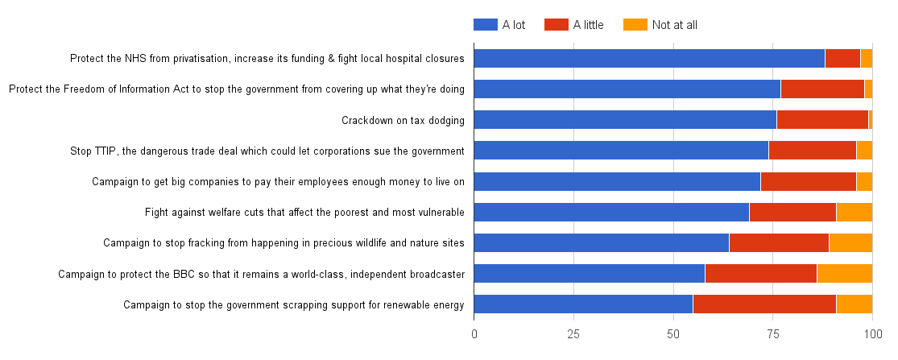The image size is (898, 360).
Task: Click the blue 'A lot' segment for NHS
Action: [x=648, y=58]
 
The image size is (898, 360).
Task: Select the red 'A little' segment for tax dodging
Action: [x=822, y=120]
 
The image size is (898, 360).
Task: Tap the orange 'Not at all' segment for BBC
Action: [x=844, y=273]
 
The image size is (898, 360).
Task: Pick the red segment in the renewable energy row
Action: [x=764, y=304]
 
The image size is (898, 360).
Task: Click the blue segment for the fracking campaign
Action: [x=601, y=242]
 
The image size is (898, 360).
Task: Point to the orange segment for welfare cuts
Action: [x=854, y=212]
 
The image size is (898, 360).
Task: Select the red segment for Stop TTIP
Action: [x=812, y=151]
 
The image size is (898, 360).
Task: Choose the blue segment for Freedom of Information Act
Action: [x=627, y=89]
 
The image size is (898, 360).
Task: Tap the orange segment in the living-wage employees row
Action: [x=864, y=181]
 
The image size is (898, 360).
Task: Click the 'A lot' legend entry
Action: [x=499, y=25]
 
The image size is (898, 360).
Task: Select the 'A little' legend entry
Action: [x=573, y=25]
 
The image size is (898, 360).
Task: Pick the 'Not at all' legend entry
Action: [x=660, y=25]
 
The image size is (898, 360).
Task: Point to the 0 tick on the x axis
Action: [x=474, y=332]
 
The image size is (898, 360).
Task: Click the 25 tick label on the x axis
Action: [x=573, y=332]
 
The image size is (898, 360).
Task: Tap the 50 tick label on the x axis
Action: [x=672, y=332]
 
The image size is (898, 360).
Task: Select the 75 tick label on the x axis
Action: [x=772, y=332]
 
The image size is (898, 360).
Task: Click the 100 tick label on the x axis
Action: [x=872, y=332]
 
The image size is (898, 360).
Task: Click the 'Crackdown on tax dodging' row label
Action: [x=403, y=121]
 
